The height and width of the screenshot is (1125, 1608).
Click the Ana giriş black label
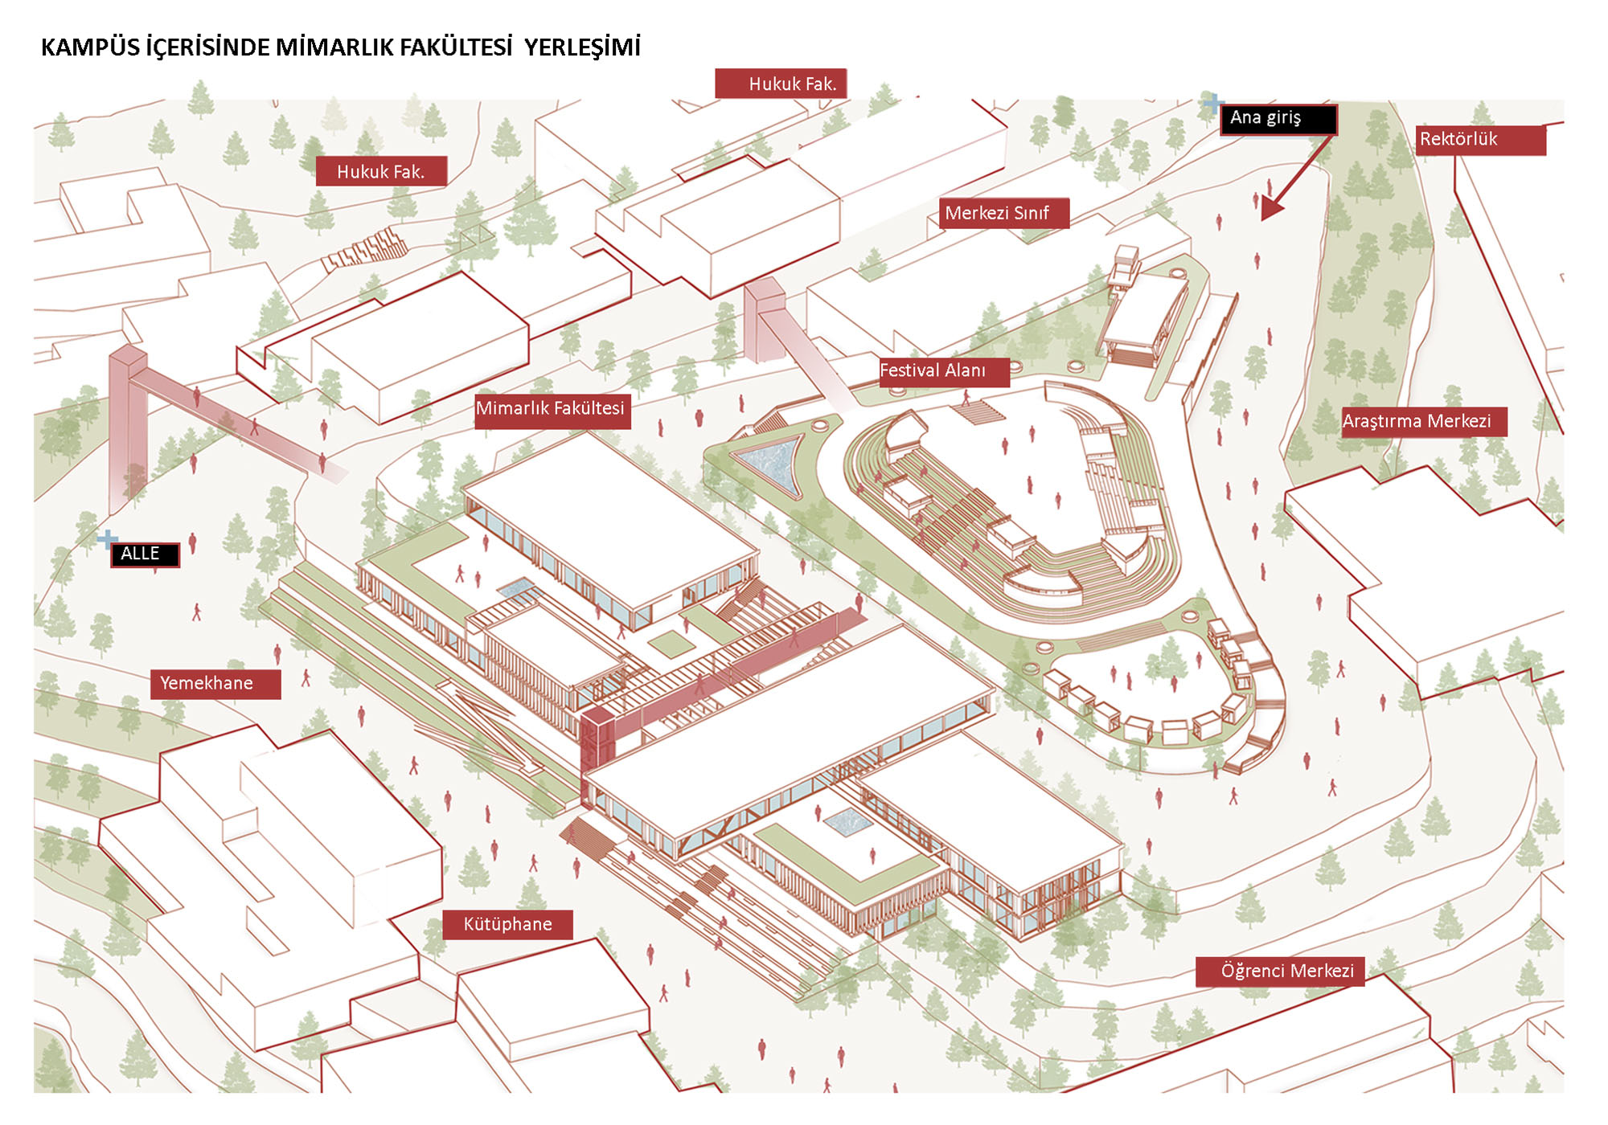tap(1278, 119)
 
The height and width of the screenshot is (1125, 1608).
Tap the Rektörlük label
tap(1480, 140)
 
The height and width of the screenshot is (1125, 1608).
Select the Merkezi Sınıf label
tap(1003, 214)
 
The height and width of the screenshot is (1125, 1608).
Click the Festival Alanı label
tap(943, 372)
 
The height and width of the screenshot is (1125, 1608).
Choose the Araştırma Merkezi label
tap(1424, 422)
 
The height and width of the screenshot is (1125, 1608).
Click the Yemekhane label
tap(215, 684)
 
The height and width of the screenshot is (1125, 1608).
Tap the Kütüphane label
tap(507, 925)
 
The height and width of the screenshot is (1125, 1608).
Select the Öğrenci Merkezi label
tap(1280, 972)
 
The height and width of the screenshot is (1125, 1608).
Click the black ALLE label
tap(145, 554)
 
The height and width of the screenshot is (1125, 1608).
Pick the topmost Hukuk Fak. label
tap(781, 84)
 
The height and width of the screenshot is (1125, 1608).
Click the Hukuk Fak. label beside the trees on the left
tap(381, 171)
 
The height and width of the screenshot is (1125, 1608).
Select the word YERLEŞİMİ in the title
tap(582, 47)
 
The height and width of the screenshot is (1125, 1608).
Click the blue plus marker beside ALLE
tap(106, 538)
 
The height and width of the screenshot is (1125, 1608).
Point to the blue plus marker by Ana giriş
tap(1213, 103)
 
